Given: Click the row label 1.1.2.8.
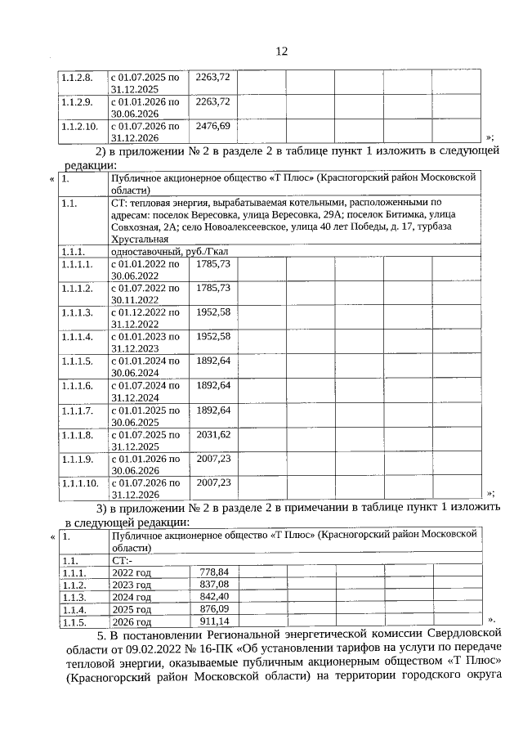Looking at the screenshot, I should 76,77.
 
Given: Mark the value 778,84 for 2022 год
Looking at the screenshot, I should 213,572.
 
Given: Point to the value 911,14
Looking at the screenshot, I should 213,621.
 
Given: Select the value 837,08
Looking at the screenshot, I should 213,585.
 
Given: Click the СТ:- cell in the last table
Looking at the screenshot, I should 121,561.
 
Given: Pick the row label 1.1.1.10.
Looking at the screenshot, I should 79,483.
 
